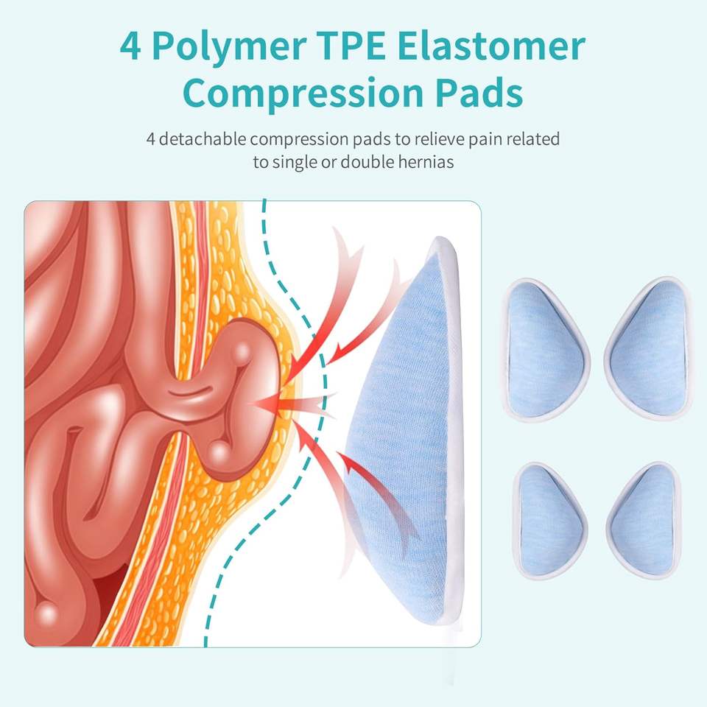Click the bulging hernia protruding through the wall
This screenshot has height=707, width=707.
point(243,390)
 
